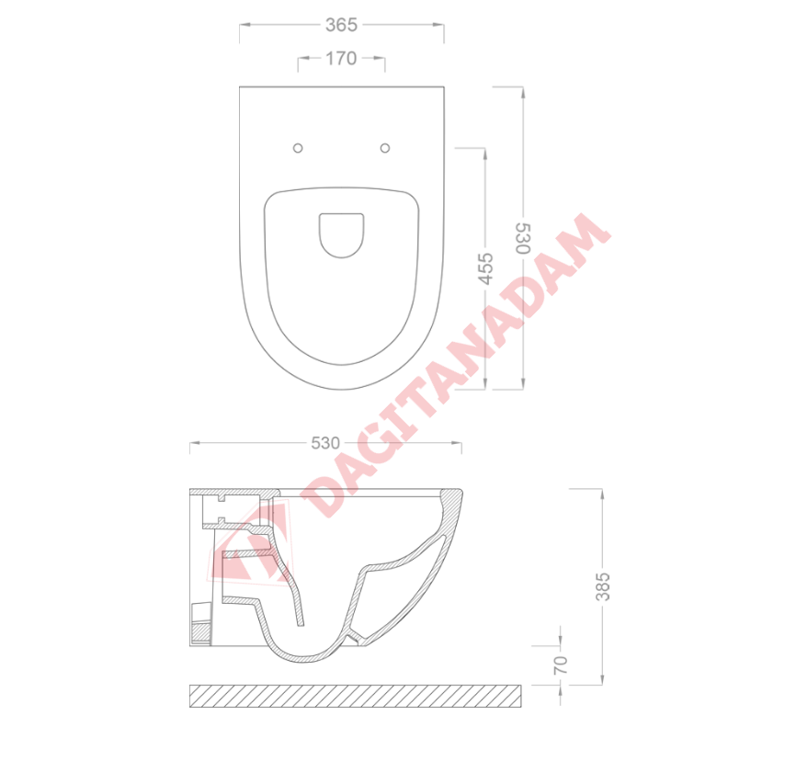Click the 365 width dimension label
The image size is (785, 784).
pos(341,25)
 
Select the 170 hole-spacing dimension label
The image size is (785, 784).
pos(341,59)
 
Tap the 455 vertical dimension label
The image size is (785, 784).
pos(485,269)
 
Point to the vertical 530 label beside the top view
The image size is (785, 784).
pos(523,239)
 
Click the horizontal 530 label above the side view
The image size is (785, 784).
pos(325,443)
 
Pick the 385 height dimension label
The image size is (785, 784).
pos(603,586)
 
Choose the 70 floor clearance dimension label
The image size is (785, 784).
pos(561,665)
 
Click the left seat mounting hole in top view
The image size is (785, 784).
pos(298,148)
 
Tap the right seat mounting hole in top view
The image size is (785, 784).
pos(385,148)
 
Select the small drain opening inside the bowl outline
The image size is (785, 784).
pos(341,235)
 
